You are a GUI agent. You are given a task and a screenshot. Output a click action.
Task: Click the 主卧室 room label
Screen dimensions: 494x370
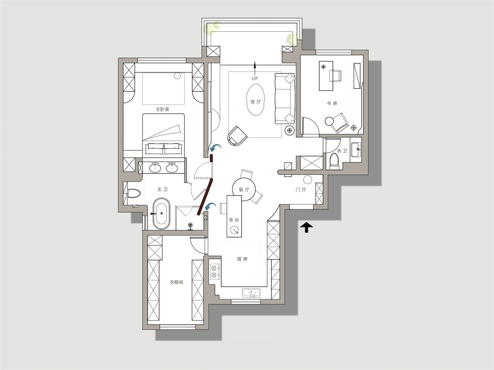pyautogui.click(x=162, y=109)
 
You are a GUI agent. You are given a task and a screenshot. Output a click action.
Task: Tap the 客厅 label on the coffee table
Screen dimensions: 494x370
pyautogui.click(x=256, y=102)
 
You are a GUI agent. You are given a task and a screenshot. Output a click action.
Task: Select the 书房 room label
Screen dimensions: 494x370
pyautogui.click(x=332, y=103)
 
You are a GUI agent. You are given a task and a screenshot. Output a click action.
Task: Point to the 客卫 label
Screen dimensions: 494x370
pyautogui.click(x=342, y=151)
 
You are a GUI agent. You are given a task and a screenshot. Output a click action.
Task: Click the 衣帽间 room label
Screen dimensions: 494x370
pyautogui.click(x=176, y=282)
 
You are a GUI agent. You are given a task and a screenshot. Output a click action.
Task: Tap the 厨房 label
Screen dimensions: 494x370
pyautogui.click(x=242, y=259)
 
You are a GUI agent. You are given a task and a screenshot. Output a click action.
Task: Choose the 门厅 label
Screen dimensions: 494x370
pyautogui.click(x=301, y=190)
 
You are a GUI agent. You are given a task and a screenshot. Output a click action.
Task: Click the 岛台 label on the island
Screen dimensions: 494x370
pyautogui.click(x=234, y=220)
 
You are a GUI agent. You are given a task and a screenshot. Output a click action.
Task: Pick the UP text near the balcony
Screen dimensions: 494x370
pyautogui.click(x=255, y=79)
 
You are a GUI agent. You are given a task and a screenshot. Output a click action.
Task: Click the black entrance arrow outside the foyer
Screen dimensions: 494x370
pyautogui.click(x=306, y=227)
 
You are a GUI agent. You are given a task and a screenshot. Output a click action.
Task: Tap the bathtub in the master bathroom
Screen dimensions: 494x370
pyautogui.click(x=161, y=214)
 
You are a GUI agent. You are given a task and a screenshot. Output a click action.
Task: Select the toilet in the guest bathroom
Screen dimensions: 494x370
pyautogui.click(x=334, y=161)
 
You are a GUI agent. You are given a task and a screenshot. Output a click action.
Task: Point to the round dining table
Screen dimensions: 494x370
pyautogui.click(x=244, y=189)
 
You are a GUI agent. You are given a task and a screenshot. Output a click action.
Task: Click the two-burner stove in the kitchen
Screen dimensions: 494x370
pyautogui.click(x=215, y=272)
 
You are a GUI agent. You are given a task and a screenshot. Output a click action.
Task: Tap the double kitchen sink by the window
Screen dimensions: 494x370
pyautogui.click(x=251, y=293)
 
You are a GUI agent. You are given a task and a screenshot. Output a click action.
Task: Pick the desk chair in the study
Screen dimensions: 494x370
pyautogui.click(x=335, y=76)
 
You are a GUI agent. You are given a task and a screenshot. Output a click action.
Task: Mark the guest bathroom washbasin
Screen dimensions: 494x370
pyautogui.click(x=356, y=149)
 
